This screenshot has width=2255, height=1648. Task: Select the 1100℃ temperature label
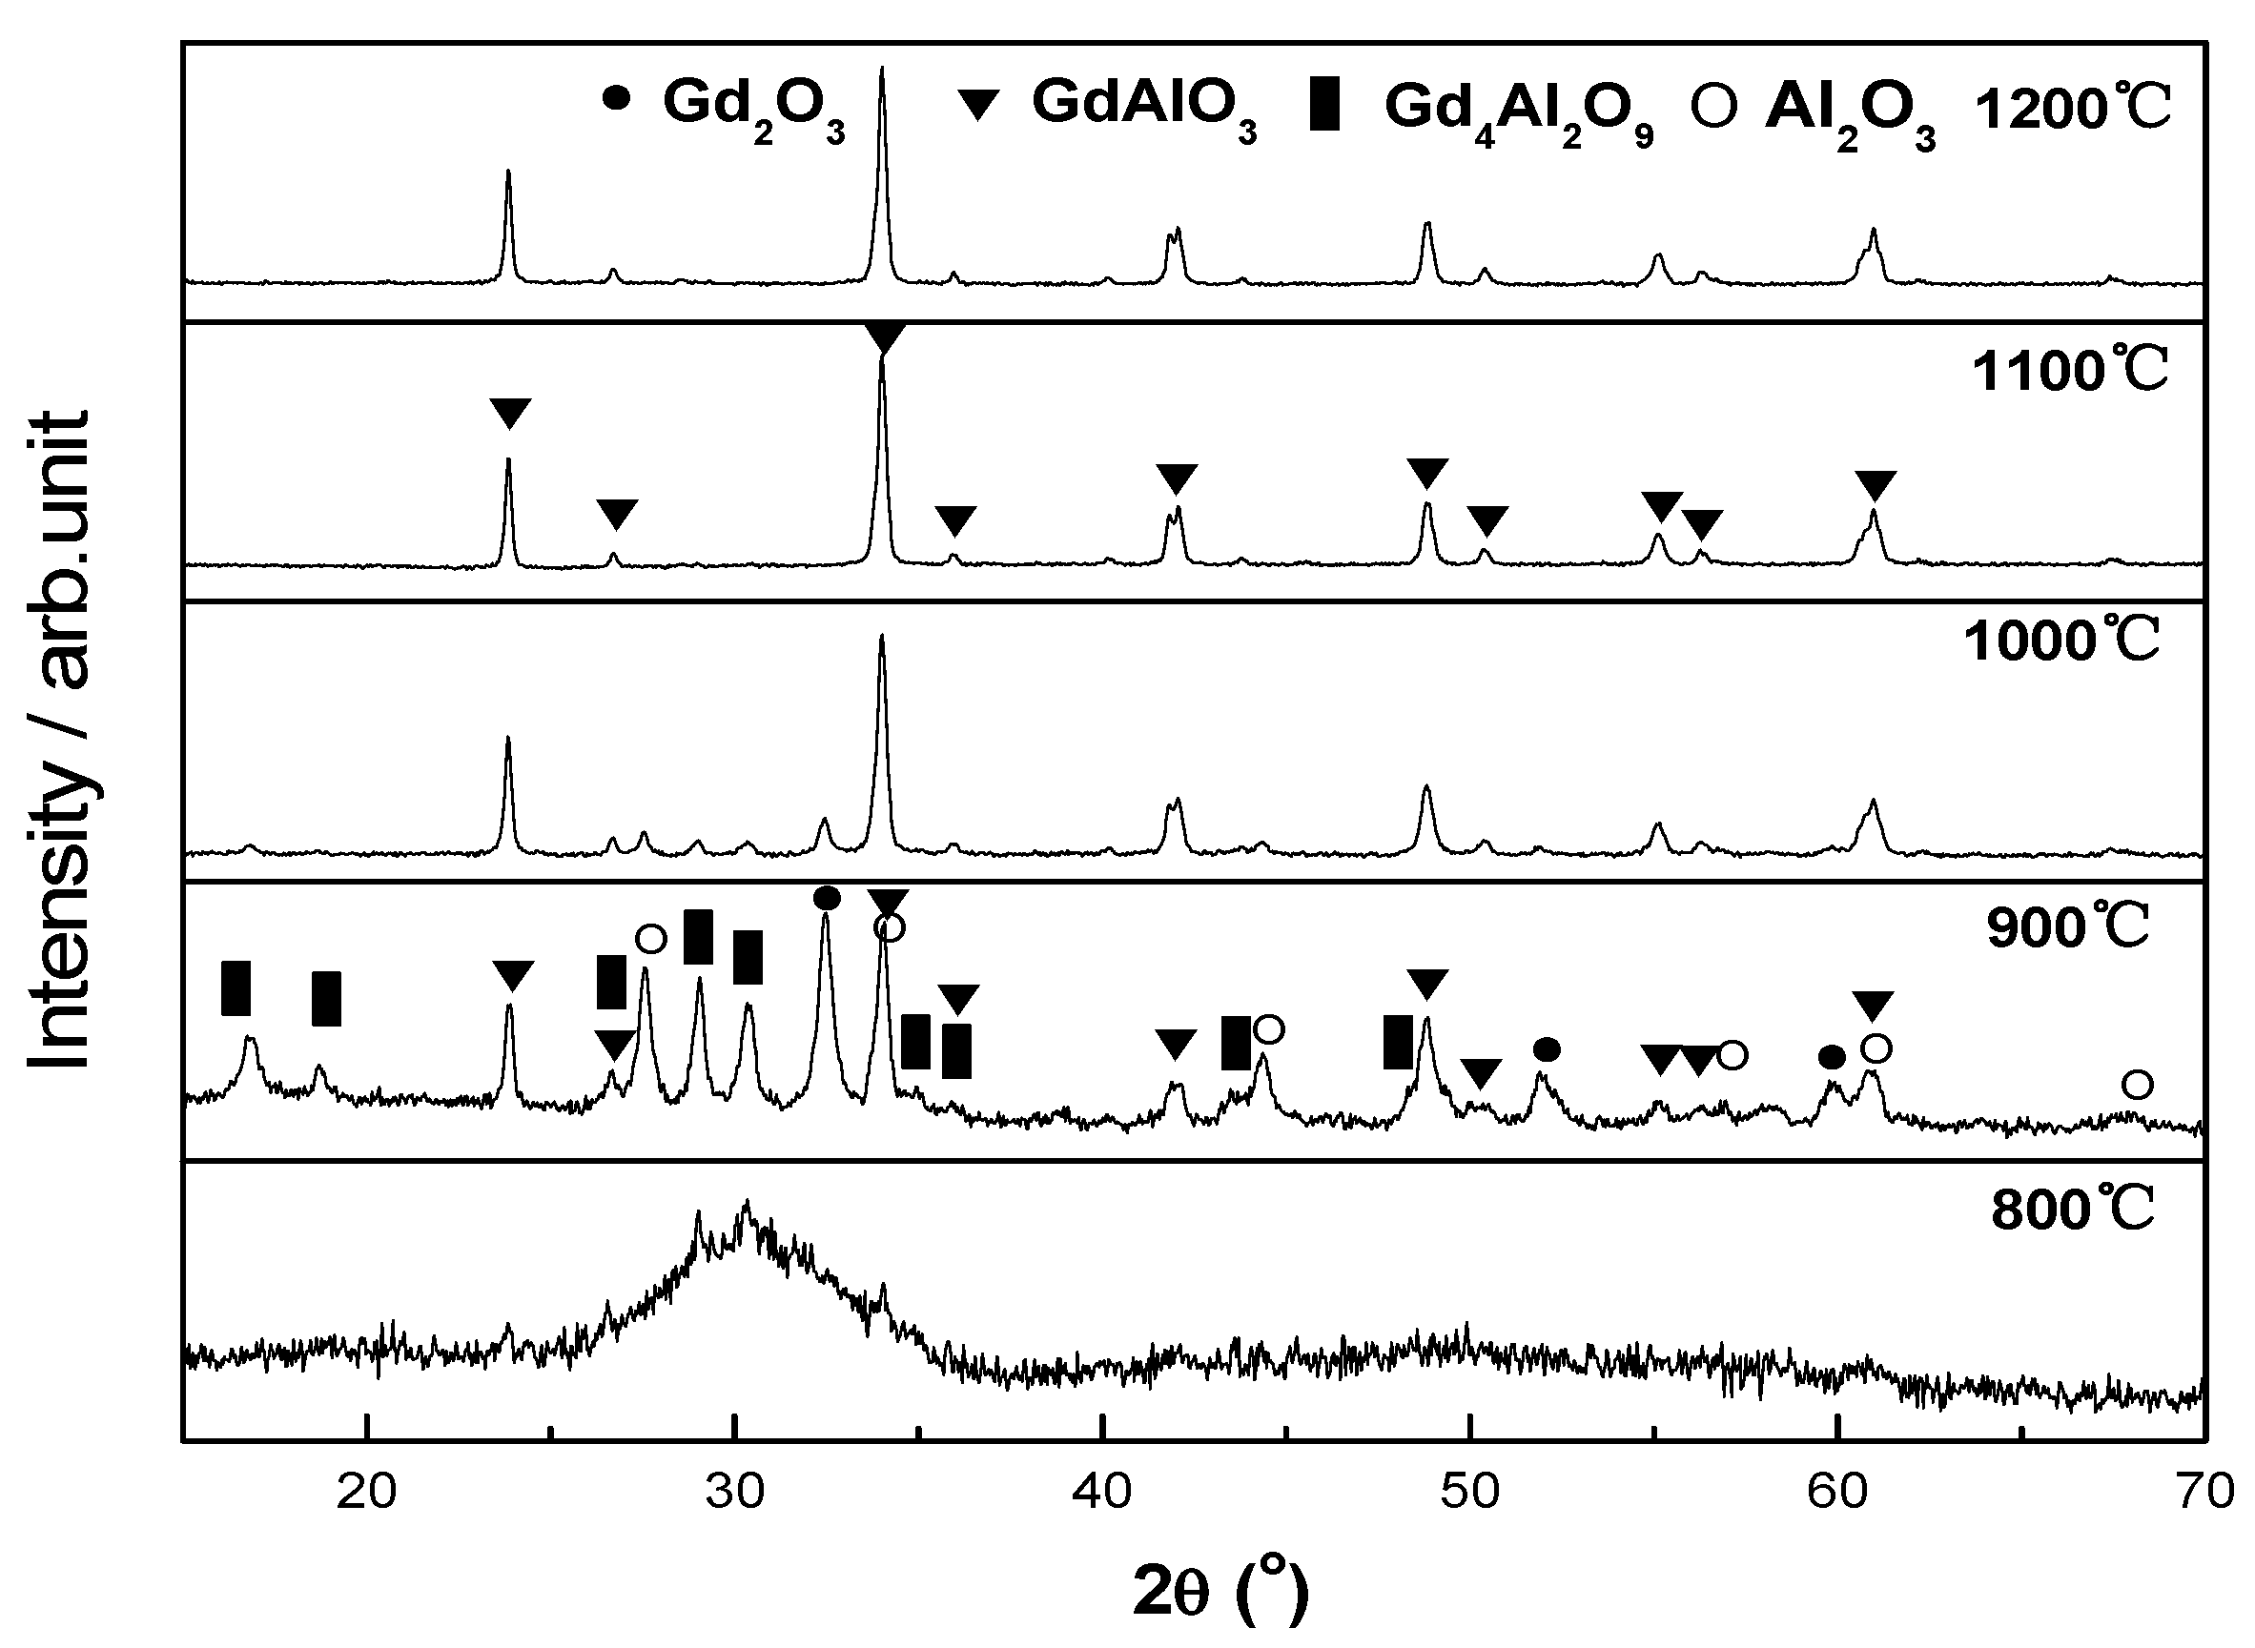click(x=2070, y=372)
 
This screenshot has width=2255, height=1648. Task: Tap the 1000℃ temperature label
click(x=2062, y=641)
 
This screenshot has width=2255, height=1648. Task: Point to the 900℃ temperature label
click(x=2068, y=928)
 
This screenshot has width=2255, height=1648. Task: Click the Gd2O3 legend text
click(x=753, y=106)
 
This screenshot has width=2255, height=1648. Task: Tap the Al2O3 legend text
click(x=1850, y=110)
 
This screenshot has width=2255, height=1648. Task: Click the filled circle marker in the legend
click(x=617, y=98)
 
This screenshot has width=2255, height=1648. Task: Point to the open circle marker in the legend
click(x=1714, y=105)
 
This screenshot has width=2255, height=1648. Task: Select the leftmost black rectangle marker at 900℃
click(x=236, y=988)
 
